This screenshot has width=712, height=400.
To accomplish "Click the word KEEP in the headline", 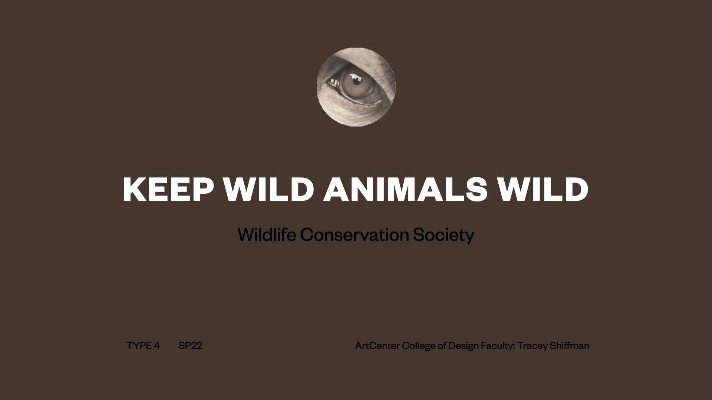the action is click(x=168, y=189).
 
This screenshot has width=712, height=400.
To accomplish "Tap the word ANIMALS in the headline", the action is click(x=405, y=189).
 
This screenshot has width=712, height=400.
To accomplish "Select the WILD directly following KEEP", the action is click(x=269, y=189).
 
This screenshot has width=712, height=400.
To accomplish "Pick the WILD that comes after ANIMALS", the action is click(x=543, y=189).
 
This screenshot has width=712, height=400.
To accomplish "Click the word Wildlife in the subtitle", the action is click(x=267, y=234).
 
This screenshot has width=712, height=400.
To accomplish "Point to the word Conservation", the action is click(x=354, y=235).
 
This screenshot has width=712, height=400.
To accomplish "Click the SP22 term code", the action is click(x=190, y=346).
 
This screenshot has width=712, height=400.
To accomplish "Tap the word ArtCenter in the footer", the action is click(x=377, y=346).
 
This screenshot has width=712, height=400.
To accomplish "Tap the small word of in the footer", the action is click(x=442, y=346).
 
